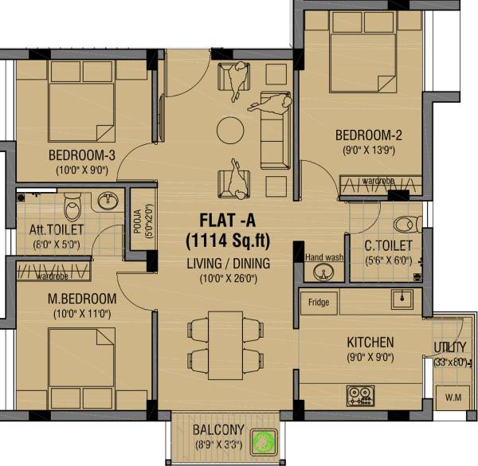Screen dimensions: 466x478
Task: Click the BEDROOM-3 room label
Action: (82, 155)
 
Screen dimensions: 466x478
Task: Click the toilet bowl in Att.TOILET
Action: (72, 206)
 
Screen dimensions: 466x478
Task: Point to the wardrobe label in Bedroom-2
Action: (377, 182)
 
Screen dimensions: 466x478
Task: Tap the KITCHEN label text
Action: (370, 343)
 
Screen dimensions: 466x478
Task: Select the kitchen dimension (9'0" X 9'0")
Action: (370, 358)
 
